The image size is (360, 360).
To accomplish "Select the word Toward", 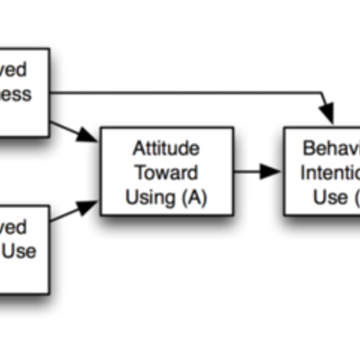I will coord(166,171).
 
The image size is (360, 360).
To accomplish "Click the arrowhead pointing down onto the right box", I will coord(328,115).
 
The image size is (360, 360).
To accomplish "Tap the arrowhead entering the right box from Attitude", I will coord(273,171).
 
